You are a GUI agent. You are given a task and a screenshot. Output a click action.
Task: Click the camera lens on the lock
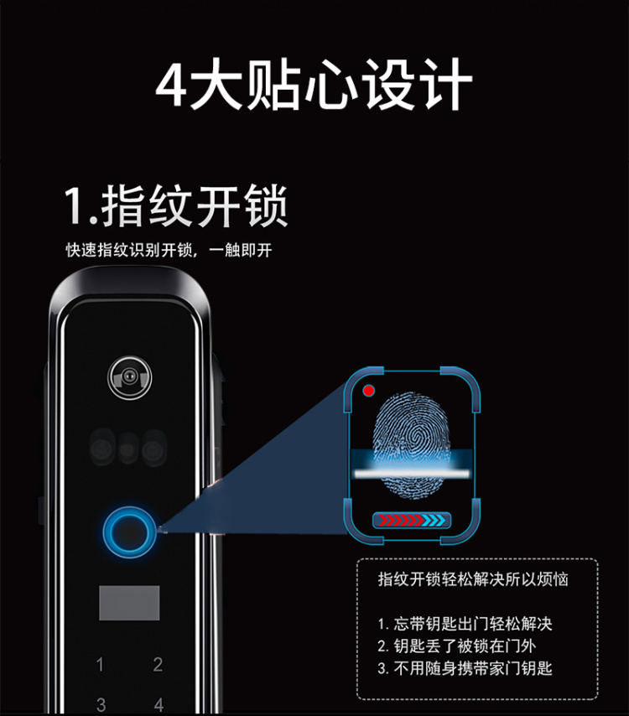(x=130, y=377)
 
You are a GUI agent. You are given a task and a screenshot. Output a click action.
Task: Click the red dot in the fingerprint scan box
(x=369, y=391)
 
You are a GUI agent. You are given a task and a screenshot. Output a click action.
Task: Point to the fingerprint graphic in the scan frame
(x=412, y=444)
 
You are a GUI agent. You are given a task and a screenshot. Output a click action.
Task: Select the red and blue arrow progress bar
(x=412, y=520)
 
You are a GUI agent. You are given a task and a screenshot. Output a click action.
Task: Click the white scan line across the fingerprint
(x=412, y=474)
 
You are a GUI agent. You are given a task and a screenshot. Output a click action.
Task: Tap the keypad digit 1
(x=100, y=664)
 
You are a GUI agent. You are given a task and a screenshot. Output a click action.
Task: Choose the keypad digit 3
(x=101, y=704)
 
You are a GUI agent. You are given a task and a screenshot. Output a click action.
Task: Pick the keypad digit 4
(x=159, y=704)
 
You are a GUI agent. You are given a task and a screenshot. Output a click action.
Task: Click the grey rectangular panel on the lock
(x=129, y=603)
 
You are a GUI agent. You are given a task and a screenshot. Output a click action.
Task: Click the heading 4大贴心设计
(x=314, y=85)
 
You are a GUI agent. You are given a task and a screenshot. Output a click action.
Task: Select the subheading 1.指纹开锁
(x=176, y=206)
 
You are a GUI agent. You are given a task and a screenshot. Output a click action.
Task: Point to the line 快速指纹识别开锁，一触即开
(x=169, y=250)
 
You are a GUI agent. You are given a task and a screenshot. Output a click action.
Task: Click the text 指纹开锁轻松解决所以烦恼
(x=473, y=579)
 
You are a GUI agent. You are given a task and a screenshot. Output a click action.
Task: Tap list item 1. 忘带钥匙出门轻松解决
(x=465, y=624)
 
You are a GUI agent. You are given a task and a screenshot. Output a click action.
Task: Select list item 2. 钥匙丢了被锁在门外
(x=457, y=646)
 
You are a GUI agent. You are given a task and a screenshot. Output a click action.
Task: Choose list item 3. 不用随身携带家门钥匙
(x=465, y=668)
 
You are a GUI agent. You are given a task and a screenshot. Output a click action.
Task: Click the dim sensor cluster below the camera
(x=128, y=448)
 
